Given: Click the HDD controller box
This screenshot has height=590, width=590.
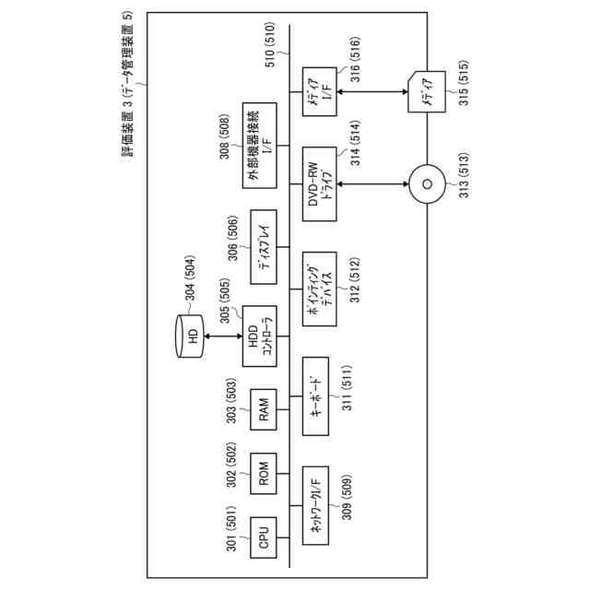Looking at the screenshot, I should click(x=258, y=336).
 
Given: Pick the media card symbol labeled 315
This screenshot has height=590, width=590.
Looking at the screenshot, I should click(x=427, y=95).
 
